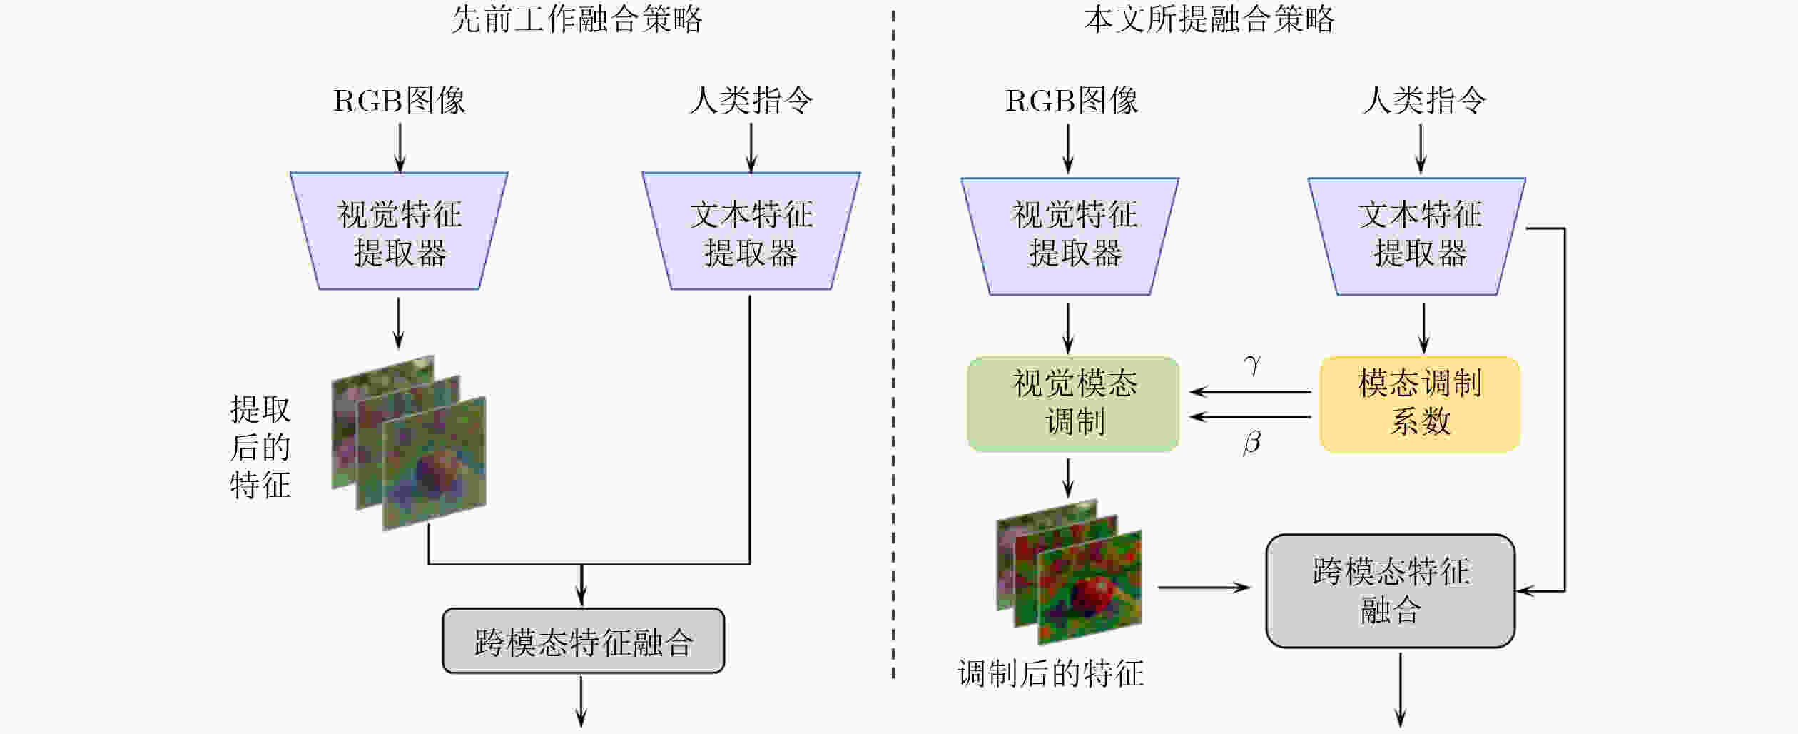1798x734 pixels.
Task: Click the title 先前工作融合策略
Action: [577, 19]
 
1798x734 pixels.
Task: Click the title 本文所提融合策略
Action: [1209, 19]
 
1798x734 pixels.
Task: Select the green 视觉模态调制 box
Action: [1073, 404]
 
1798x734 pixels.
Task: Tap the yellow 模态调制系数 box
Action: [1420, 404]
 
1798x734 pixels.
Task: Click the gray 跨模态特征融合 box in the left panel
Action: [583, 640]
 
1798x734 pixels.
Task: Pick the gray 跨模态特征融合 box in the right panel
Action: [1391, 590]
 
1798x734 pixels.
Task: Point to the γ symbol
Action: [1252, 365]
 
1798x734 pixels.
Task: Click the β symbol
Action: [1251, 442]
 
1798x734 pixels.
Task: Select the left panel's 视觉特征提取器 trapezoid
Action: [399, 231]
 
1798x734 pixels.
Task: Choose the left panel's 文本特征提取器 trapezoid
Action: [751, 231]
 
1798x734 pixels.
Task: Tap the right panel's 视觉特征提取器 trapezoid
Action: [1070, 236]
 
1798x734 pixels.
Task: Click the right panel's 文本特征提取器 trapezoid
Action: [1417, 236]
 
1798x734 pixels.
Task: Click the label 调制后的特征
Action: [1050, 673]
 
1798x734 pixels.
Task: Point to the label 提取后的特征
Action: [260, 447]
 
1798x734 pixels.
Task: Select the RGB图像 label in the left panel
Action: [400, 100]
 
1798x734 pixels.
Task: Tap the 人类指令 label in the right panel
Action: [1424, 100]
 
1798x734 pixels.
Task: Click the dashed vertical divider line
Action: [893, 343]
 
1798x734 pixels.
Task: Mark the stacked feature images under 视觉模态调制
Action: [1069, 571]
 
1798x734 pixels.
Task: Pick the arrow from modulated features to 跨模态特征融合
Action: [1204, 588]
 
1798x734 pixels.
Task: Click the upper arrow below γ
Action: [1250, 392]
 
